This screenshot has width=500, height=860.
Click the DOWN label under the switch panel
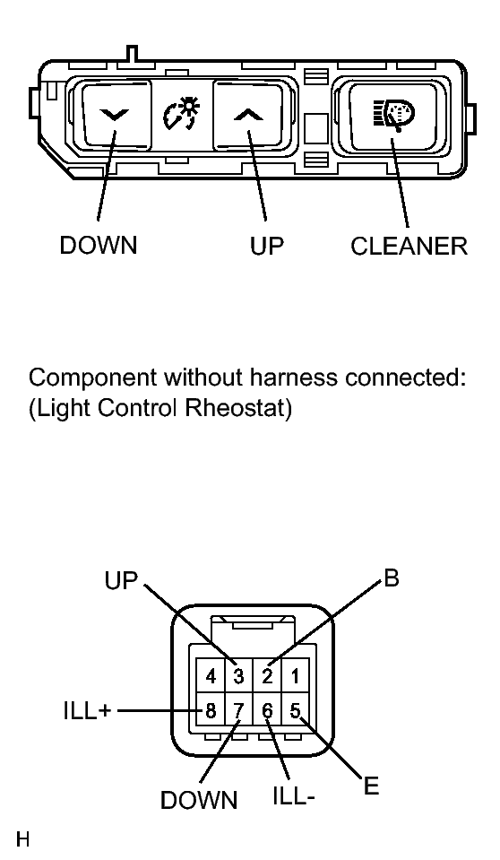(99, 245)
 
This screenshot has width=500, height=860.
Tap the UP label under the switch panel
(267, 247)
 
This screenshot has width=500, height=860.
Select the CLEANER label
(409, 247)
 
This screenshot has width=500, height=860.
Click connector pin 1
(296, 676)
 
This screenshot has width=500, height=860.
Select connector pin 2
(267, 676)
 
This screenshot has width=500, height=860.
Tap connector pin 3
(238, 676)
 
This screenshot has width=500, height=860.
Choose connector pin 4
(211, 676)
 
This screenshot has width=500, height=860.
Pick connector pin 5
(296, 711)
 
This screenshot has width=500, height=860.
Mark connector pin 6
(267, 711)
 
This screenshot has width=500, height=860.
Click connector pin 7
(238, 711)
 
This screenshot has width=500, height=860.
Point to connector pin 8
(211, 711)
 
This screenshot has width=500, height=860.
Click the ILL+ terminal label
(87, 711)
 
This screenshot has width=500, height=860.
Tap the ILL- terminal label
(294, 796)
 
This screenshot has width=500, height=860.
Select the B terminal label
(392, 578)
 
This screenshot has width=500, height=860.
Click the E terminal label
(371, 786)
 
